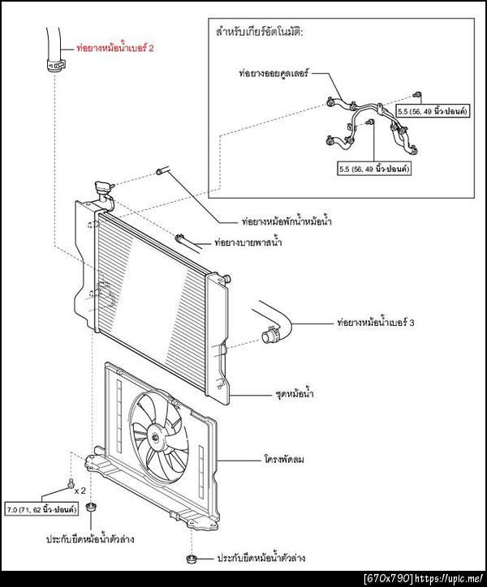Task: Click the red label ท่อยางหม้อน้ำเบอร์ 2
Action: pos(115,48)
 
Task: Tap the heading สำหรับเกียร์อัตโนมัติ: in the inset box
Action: pos(260,32)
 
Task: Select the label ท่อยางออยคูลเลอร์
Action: pos(274,73)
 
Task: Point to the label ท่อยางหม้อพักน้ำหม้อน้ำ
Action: pos(287,221)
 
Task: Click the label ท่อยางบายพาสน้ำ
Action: pos(248,242)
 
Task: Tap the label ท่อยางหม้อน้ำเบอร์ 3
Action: pos(376,323)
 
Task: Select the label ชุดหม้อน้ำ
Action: pos(295,394)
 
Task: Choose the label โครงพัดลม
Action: pos(284,460)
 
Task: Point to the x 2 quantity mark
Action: pos(80,491)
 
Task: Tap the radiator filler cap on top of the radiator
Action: pos(102,186)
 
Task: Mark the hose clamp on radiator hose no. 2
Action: pos(55,65)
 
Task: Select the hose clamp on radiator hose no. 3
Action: pos(270,336)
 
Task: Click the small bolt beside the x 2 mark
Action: pos(71,484)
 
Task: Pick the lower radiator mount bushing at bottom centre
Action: pos(192,559)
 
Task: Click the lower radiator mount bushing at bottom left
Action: pos(91,508)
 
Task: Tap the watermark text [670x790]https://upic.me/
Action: pos(424,579)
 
